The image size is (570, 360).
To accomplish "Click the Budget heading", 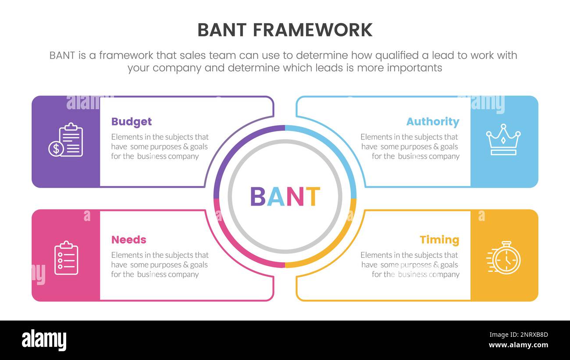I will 131,122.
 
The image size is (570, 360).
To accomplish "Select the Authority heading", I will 432,122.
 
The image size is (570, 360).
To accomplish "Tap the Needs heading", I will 128,240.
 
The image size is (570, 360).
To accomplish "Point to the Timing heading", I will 439,240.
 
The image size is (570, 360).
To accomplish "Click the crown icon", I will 503,139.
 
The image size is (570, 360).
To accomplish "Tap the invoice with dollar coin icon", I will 66,140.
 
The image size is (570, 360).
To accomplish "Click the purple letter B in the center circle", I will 258,197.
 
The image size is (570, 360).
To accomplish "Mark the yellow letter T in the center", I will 313,197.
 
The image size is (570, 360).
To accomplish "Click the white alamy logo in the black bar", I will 44,340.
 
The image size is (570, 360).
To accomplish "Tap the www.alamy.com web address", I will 518,345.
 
